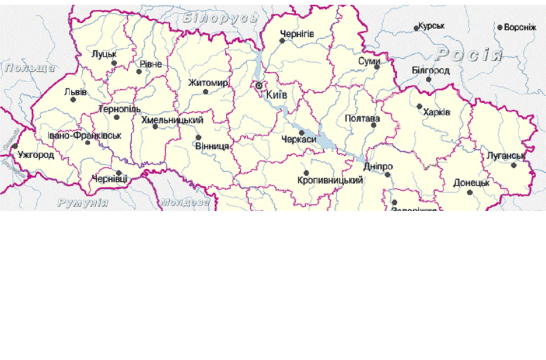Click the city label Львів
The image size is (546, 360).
[x=75, y=92]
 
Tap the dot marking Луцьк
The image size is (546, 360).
[x=114, y=63]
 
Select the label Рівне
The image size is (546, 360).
[x=151, y=64]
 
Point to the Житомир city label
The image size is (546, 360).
[x=208, y=83]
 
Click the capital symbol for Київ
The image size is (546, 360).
[x=258, y=86]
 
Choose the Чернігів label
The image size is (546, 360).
[x=297, y=34]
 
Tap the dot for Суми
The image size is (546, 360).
[x=377, y=67]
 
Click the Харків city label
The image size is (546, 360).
[x=437, y=112]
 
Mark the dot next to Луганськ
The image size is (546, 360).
[x=514, y=165]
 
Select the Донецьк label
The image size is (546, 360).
[x=471, y=183]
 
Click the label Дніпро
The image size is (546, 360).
[x=378, y=167]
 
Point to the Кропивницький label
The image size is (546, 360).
[x=330, y=180]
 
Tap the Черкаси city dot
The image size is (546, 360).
[x=302, y=133]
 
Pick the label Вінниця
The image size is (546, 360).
[x=212, y=146]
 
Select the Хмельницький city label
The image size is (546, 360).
[x=172, y=120]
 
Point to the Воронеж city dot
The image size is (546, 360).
[x=500, y=27]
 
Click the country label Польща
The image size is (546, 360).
[x=30, y=68]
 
